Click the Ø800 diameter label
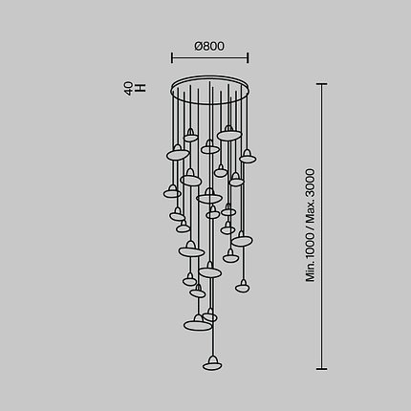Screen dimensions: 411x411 [209, 46]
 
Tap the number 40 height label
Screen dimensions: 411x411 [129, 89]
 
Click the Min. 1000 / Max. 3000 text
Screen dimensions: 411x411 [311, 226]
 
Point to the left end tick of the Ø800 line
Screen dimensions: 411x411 [172, 58]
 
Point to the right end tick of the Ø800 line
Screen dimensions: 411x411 [248, 58]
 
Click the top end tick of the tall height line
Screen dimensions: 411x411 [322, 84]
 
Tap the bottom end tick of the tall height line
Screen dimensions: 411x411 [322, 369]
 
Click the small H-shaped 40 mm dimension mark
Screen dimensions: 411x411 [141, 88]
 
